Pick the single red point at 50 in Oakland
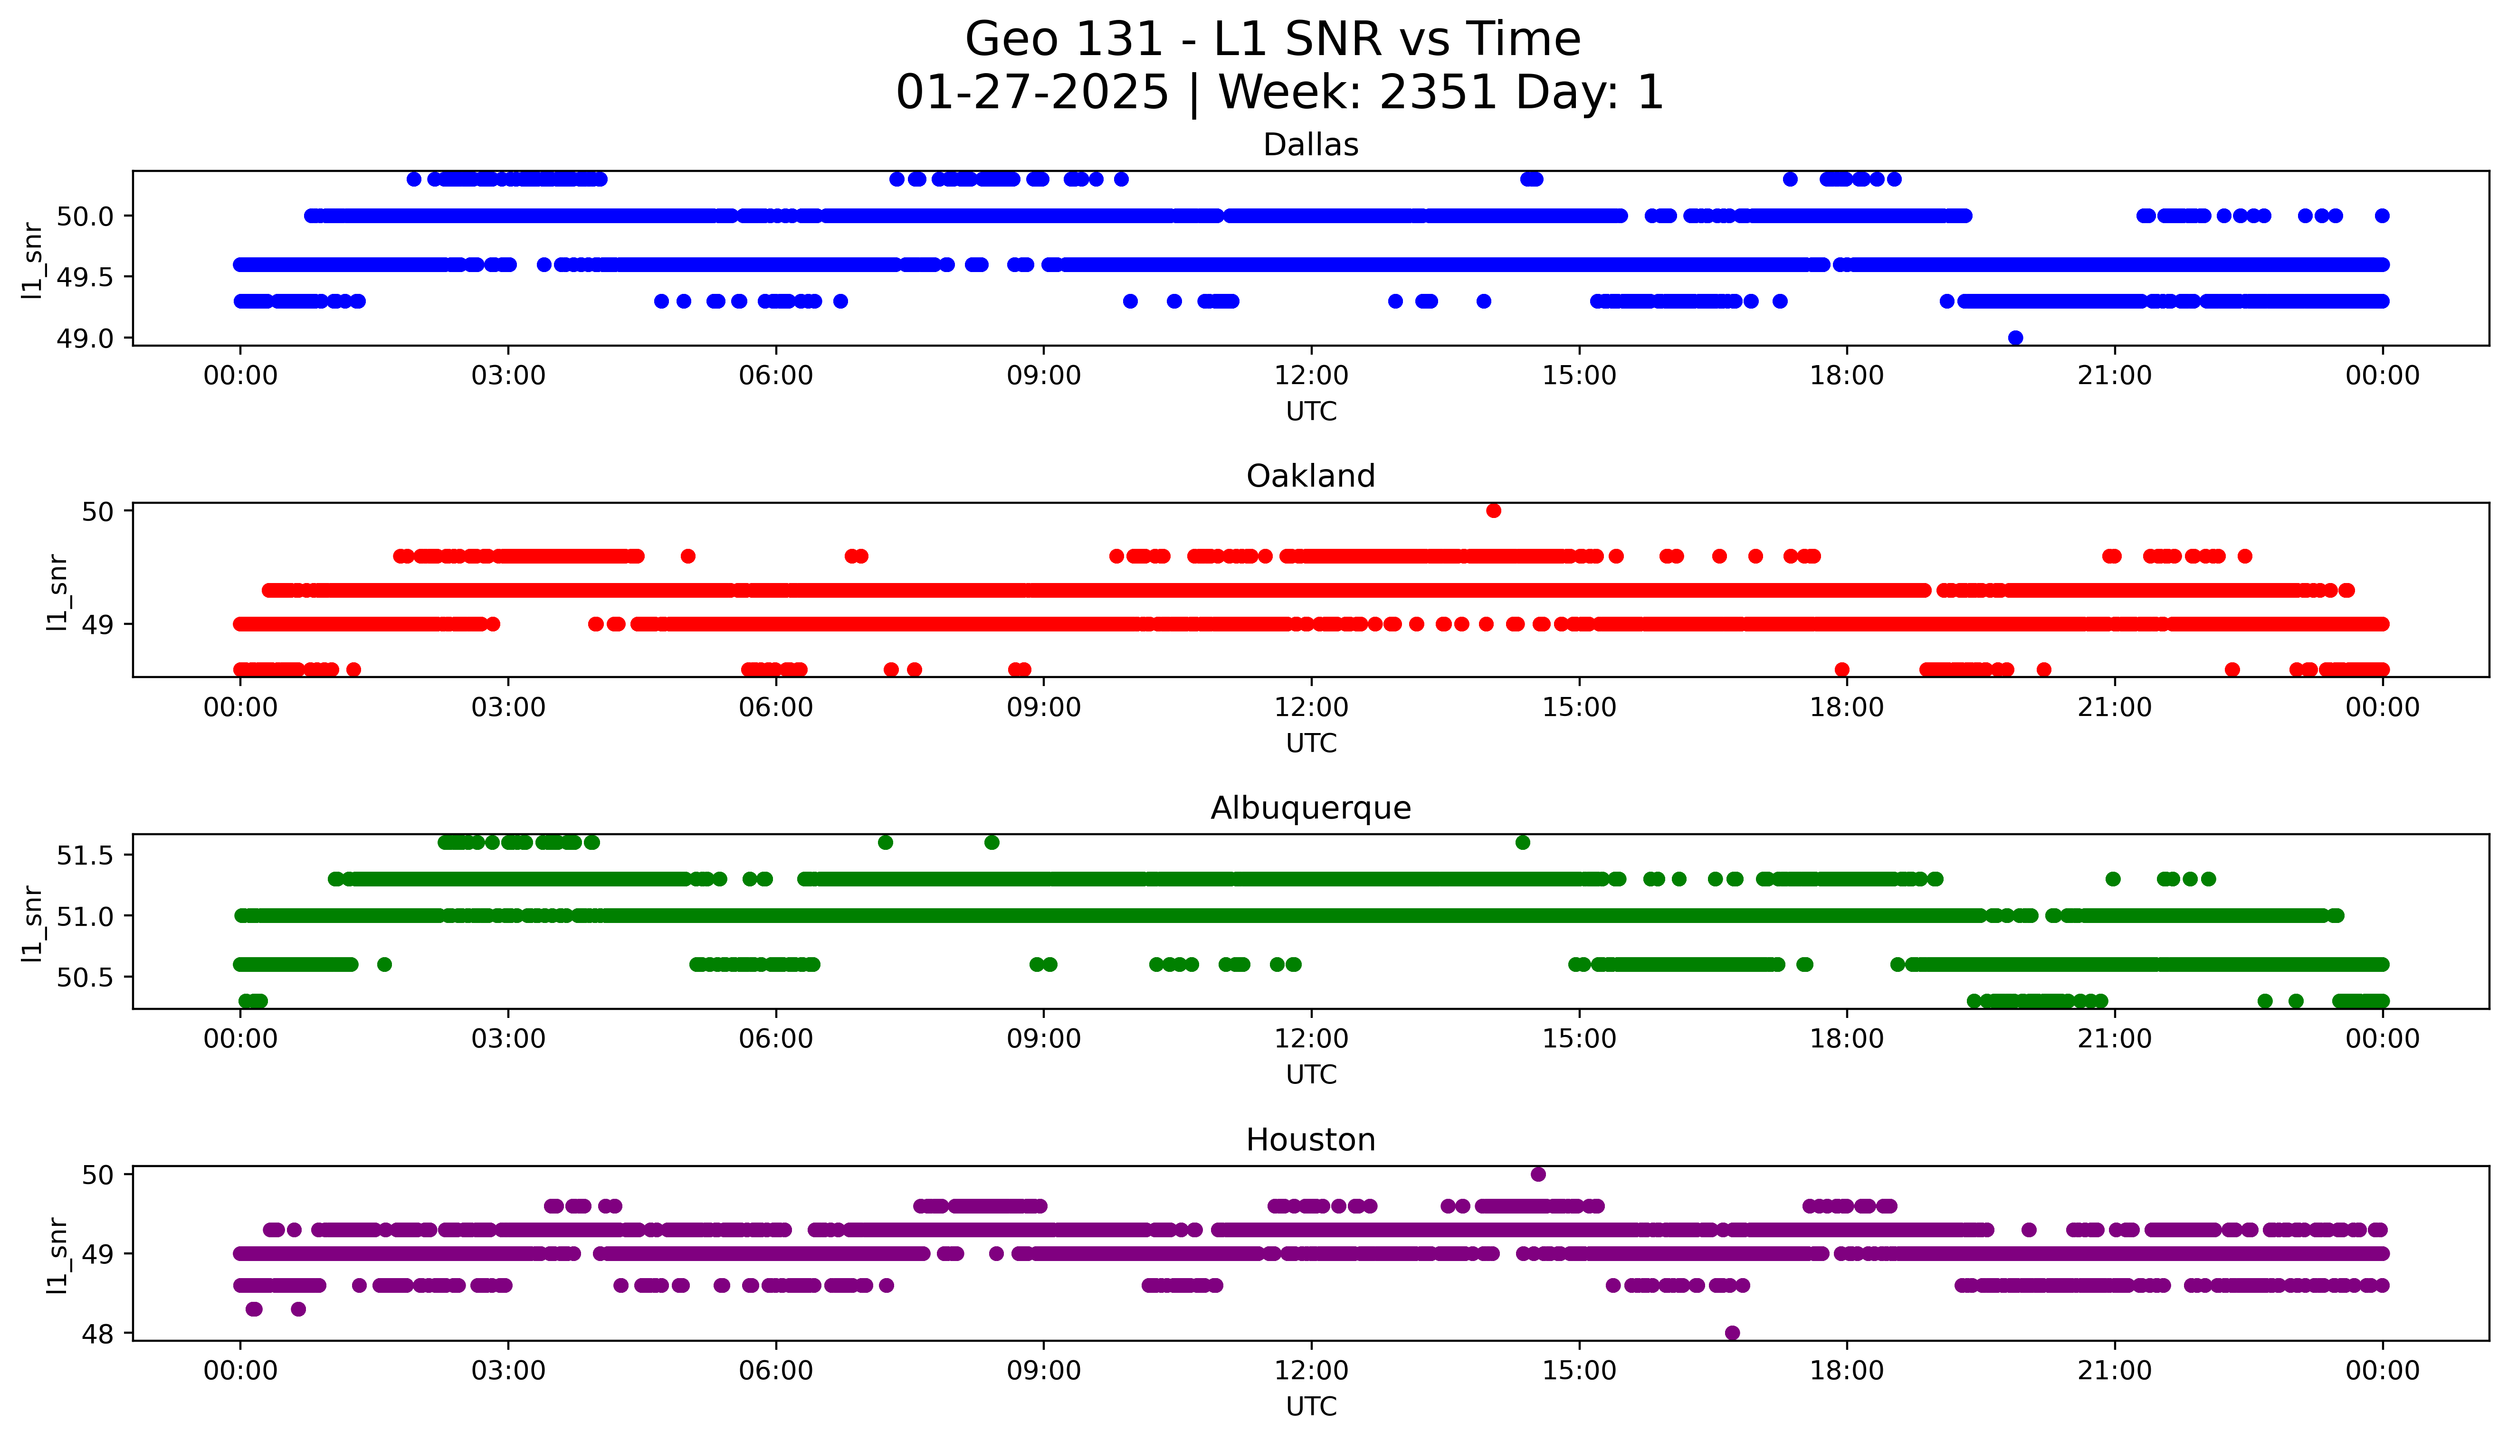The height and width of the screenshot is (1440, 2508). [x=1494, y=510]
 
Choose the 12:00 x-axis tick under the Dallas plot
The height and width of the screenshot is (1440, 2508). [x=1311, y=376]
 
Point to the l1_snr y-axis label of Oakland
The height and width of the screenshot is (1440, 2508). [x=57, y=592]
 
